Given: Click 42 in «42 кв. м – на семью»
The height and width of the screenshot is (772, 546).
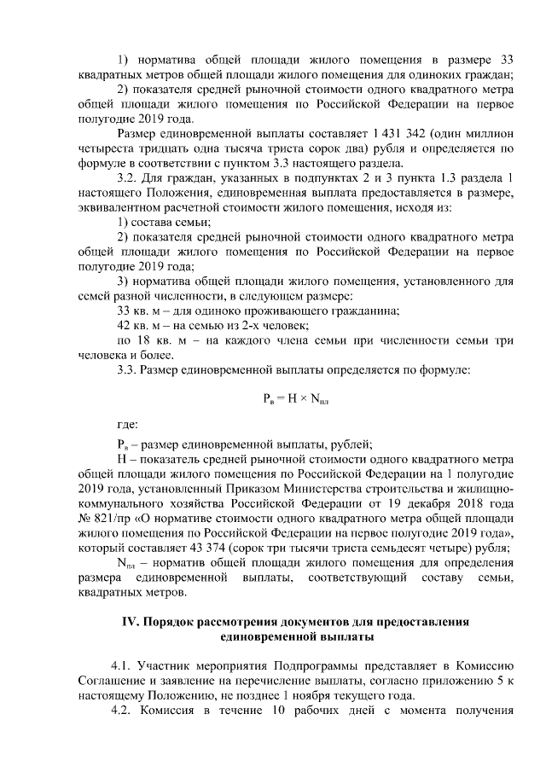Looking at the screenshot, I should click(x=123, y=326).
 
